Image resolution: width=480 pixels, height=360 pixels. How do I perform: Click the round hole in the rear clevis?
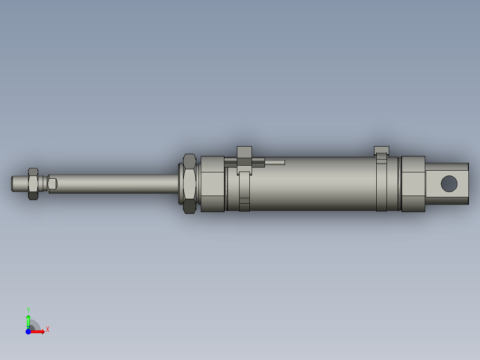449,183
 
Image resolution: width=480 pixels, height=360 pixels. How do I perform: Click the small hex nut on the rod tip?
33,184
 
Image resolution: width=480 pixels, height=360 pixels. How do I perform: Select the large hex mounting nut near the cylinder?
189,184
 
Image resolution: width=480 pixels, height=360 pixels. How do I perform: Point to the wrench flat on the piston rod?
53,184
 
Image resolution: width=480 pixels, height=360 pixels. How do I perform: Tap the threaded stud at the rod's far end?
18,184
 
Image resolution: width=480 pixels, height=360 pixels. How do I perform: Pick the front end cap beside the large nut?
212,184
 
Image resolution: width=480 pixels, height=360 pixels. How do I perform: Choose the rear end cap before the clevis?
413,184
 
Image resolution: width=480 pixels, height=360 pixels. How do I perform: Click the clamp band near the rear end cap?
382,187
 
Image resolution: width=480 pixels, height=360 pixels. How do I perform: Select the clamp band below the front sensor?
244,192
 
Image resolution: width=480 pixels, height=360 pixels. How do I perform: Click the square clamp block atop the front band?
244,152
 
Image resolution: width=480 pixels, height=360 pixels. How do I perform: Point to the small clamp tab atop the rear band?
382,150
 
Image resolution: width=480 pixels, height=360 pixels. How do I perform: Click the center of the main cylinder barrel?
312,184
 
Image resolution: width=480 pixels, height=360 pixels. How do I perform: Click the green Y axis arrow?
28,320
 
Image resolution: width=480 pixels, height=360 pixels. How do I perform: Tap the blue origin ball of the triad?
28,331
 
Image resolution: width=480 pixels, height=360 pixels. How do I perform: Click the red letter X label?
47,329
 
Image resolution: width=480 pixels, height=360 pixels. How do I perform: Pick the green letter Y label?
28,309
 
